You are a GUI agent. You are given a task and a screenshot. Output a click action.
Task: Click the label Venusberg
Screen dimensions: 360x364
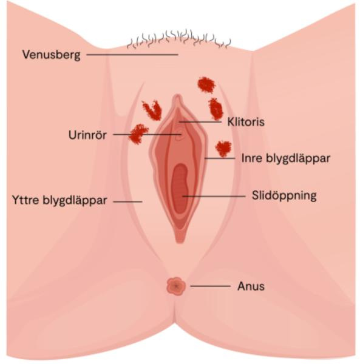pos(52,55)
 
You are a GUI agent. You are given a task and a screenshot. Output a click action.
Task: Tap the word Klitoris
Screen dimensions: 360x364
pos(246,122)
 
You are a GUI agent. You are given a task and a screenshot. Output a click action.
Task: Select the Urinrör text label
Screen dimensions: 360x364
pos(87,135)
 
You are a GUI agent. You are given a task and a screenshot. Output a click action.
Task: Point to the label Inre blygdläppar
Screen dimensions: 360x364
pos(286,158)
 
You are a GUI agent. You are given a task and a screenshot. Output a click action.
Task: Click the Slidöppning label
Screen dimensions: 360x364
pos(284,196)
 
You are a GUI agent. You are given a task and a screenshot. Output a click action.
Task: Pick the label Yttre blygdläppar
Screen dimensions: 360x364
pos(59,200)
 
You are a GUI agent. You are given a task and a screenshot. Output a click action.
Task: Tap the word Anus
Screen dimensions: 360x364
pos(251,286)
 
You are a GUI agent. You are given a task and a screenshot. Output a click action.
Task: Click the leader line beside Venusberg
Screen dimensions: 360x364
pos(132,55)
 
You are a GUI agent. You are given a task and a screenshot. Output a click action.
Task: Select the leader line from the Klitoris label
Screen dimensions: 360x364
pos(200,121)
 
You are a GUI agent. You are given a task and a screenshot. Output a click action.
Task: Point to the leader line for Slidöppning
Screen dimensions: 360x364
pos(214,196)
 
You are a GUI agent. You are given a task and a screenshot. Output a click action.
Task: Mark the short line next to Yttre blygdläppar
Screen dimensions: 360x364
pos(127,201)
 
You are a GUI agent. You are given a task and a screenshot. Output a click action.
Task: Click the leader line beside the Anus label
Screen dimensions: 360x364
pos(211,286)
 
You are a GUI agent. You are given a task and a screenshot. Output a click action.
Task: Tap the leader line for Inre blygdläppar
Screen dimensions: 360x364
pos(220,158)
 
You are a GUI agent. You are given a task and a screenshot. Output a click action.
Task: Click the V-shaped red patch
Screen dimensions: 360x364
pos(152,110)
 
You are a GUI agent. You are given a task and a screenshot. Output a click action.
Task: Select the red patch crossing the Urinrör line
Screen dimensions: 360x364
pos(138,134)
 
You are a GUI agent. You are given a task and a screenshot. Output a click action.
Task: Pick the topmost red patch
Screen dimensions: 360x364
pos(206,85)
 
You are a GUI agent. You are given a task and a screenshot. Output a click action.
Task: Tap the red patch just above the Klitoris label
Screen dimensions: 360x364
pos(216,109)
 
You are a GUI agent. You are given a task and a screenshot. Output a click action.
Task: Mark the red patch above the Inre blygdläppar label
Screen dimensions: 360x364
pos(223,149)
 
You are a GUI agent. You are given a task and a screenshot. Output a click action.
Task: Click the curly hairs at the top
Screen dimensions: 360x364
pos(179,39)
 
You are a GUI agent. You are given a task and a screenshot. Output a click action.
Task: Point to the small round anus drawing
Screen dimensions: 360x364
pos(176,286)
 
